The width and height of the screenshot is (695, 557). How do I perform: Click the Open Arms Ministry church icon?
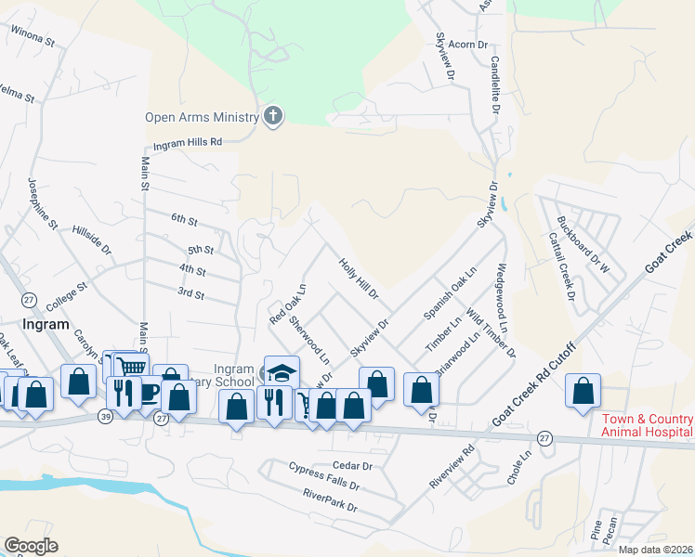[272, 116]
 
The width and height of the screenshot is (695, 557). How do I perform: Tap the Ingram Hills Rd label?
[188, 142]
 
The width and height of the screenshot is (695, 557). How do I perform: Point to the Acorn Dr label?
[467, 45]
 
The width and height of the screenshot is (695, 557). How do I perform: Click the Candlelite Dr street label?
[495, 84]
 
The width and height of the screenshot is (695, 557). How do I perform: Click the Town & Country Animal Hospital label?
[646, 425]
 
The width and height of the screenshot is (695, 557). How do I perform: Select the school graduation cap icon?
[282, 371]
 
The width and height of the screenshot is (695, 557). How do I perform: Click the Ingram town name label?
[45, 325]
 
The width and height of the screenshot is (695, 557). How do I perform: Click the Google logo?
[31, 546]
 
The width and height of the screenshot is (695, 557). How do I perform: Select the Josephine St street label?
[43, 203]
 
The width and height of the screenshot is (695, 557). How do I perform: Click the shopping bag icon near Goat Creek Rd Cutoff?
[584, 391]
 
